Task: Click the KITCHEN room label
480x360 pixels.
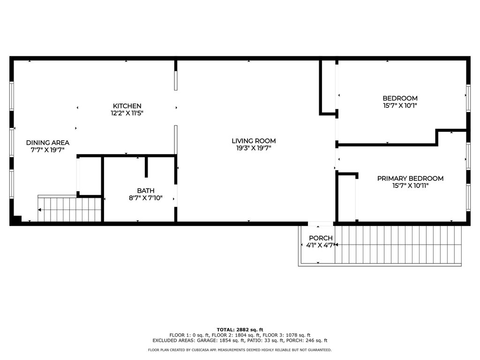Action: pos(127,106)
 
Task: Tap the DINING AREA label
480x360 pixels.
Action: pos(48,142)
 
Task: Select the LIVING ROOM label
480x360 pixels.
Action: pos(254,141)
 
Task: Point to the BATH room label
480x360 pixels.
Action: pos(146,190)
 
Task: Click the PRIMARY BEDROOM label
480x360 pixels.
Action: pos(410,178)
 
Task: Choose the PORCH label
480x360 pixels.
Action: pos(321,238)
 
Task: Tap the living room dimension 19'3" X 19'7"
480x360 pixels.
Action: pos(254,148)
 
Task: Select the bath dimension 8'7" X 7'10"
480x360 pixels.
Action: pos(146,198)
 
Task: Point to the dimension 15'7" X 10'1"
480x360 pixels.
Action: pos(400,105)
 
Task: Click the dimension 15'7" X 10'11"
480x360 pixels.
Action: pos(410,186)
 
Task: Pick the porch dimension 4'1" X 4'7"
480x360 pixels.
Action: pos(320,245)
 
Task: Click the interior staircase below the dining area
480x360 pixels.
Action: pos(69,210)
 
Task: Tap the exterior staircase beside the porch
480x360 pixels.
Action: pos(398,245)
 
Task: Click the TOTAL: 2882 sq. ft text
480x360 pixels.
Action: pos(240,330)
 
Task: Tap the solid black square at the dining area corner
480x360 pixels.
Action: pos(17,219)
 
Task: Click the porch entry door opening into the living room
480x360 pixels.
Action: pos(321,224)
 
